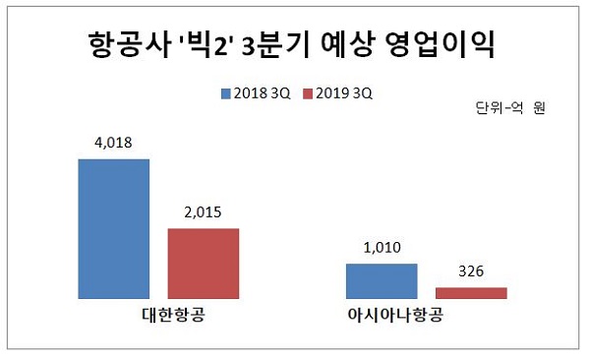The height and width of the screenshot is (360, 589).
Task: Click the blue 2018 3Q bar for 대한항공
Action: (x=113, y=227)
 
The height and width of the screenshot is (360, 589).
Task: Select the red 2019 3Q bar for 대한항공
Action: (x=203, y=263)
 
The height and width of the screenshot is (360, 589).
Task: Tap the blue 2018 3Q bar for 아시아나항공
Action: (x=382, y=280)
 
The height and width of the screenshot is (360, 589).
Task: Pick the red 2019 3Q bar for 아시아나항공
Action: (x=471, y=292)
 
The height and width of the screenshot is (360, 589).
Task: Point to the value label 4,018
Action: (x=113, y=143)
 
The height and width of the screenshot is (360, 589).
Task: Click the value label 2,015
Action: (x=203, y=212)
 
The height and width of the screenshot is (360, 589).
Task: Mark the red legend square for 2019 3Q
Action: (x=307, y=93)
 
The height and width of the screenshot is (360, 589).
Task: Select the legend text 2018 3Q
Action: (x=261, y=93)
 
